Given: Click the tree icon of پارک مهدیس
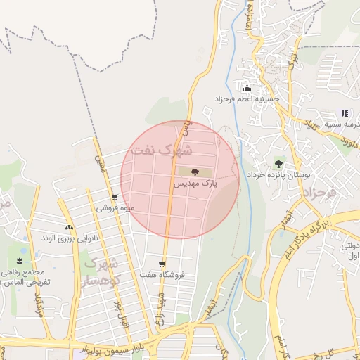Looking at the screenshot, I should pos(195,171).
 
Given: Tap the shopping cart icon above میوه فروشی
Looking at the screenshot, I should pos(114,198).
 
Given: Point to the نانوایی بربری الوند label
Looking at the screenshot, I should pos(65,239).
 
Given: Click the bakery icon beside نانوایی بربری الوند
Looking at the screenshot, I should pos(69,228).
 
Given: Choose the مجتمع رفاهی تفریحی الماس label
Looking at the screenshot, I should pos(22,276).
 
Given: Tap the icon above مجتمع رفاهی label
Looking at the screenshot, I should pos(19,262).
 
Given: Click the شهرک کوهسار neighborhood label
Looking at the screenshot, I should pos(103,271).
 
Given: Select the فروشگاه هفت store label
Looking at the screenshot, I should pos(162,275).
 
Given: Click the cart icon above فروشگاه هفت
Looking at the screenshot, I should pos(162,264).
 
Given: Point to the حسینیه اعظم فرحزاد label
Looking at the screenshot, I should pos(247,99).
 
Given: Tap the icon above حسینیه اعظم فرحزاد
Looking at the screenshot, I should pos(246,89).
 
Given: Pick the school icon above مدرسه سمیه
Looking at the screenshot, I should pos(345,112).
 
